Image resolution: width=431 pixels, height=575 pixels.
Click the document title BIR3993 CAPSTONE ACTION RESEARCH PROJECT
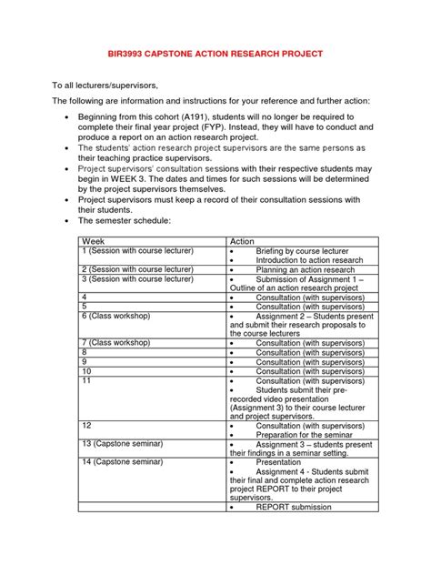click(215, 53)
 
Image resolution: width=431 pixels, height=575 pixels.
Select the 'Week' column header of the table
click(94, 242)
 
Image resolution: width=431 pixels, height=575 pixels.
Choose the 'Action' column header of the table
click(244, 242)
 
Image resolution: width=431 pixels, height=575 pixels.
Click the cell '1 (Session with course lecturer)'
click(137, 251)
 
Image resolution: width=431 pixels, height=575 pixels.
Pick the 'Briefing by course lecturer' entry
click(300, 251)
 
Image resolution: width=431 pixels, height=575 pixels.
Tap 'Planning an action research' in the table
click(304, 270)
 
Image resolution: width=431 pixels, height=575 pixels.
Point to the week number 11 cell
click(87, 380)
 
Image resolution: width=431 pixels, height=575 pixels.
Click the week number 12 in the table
click(87, 425)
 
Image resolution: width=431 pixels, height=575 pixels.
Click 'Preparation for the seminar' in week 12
click(304, 434)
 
